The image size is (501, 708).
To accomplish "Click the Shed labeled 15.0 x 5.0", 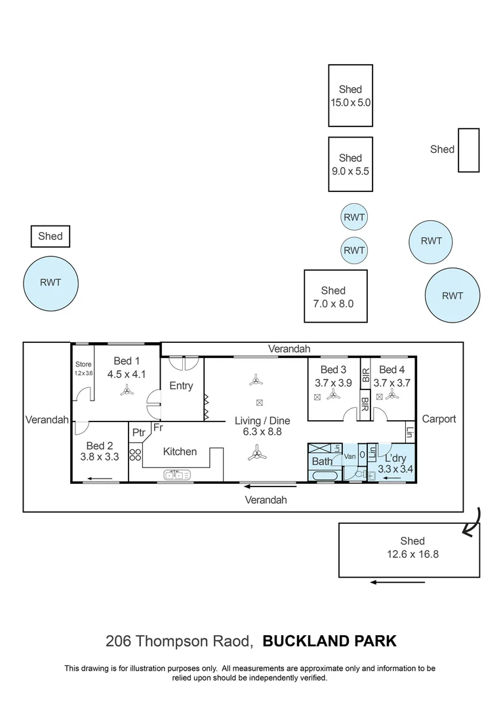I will coord(350,96).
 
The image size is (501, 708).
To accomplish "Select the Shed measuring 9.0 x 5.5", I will coord(350,164).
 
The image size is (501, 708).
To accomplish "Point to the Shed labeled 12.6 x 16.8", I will coord(412,547).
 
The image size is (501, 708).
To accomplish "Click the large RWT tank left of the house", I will coord(50,283).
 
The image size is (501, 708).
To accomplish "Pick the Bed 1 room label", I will coord(127,361).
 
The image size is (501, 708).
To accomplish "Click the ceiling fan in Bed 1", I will coord(127,391).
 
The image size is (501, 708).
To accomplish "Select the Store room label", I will coord(83,364).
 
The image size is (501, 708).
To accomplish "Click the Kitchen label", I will coord(180,451).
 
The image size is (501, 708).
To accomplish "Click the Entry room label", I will coord(181,385).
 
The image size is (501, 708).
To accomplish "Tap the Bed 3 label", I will coord(333,370).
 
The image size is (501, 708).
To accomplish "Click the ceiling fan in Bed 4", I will coord(392,395).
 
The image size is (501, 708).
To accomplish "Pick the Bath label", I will coord(322,462).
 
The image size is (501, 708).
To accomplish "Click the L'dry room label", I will coord(395,458).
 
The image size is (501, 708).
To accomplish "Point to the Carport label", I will coord(439,418).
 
